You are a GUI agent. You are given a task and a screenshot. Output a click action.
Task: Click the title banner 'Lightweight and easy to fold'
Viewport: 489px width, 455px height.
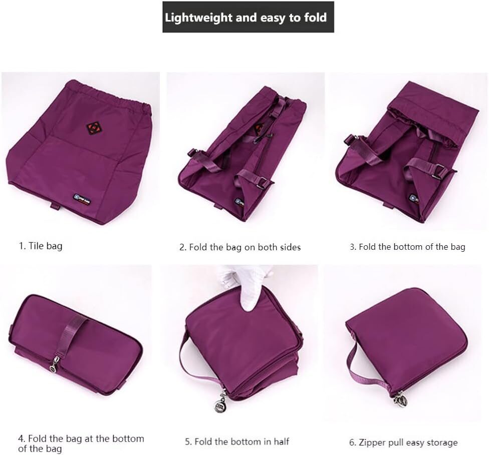click(248, 18)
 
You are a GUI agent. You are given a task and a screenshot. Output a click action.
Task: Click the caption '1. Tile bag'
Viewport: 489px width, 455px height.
click(41, 246)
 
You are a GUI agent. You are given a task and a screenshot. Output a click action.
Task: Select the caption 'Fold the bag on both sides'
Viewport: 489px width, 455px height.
click(240, 247)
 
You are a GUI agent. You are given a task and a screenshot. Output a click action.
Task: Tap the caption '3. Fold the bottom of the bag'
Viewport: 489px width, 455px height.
click(407, 246)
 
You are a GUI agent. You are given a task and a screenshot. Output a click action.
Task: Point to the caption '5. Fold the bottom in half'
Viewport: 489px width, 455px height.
click(237, 441)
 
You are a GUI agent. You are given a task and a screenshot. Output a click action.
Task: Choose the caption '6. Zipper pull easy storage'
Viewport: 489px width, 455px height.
click(403, 442)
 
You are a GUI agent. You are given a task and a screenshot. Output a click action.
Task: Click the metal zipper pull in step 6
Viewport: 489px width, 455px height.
click(400, 399)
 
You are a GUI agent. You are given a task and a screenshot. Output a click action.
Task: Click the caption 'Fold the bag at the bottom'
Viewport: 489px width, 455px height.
click(81, 439)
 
